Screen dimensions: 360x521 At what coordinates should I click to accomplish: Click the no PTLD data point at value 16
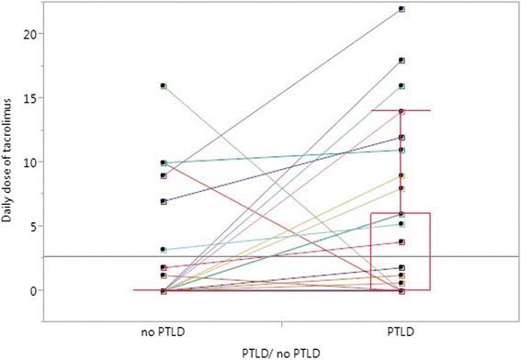tap(163, 86)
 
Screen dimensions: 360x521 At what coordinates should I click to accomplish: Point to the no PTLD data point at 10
tap(163, 163)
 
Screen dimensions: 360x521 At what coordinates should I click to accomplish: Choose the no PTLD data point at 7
tap(163, 201)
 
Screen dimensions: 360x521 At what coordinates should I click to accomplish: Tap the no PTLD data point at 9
tap(163, 175)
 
